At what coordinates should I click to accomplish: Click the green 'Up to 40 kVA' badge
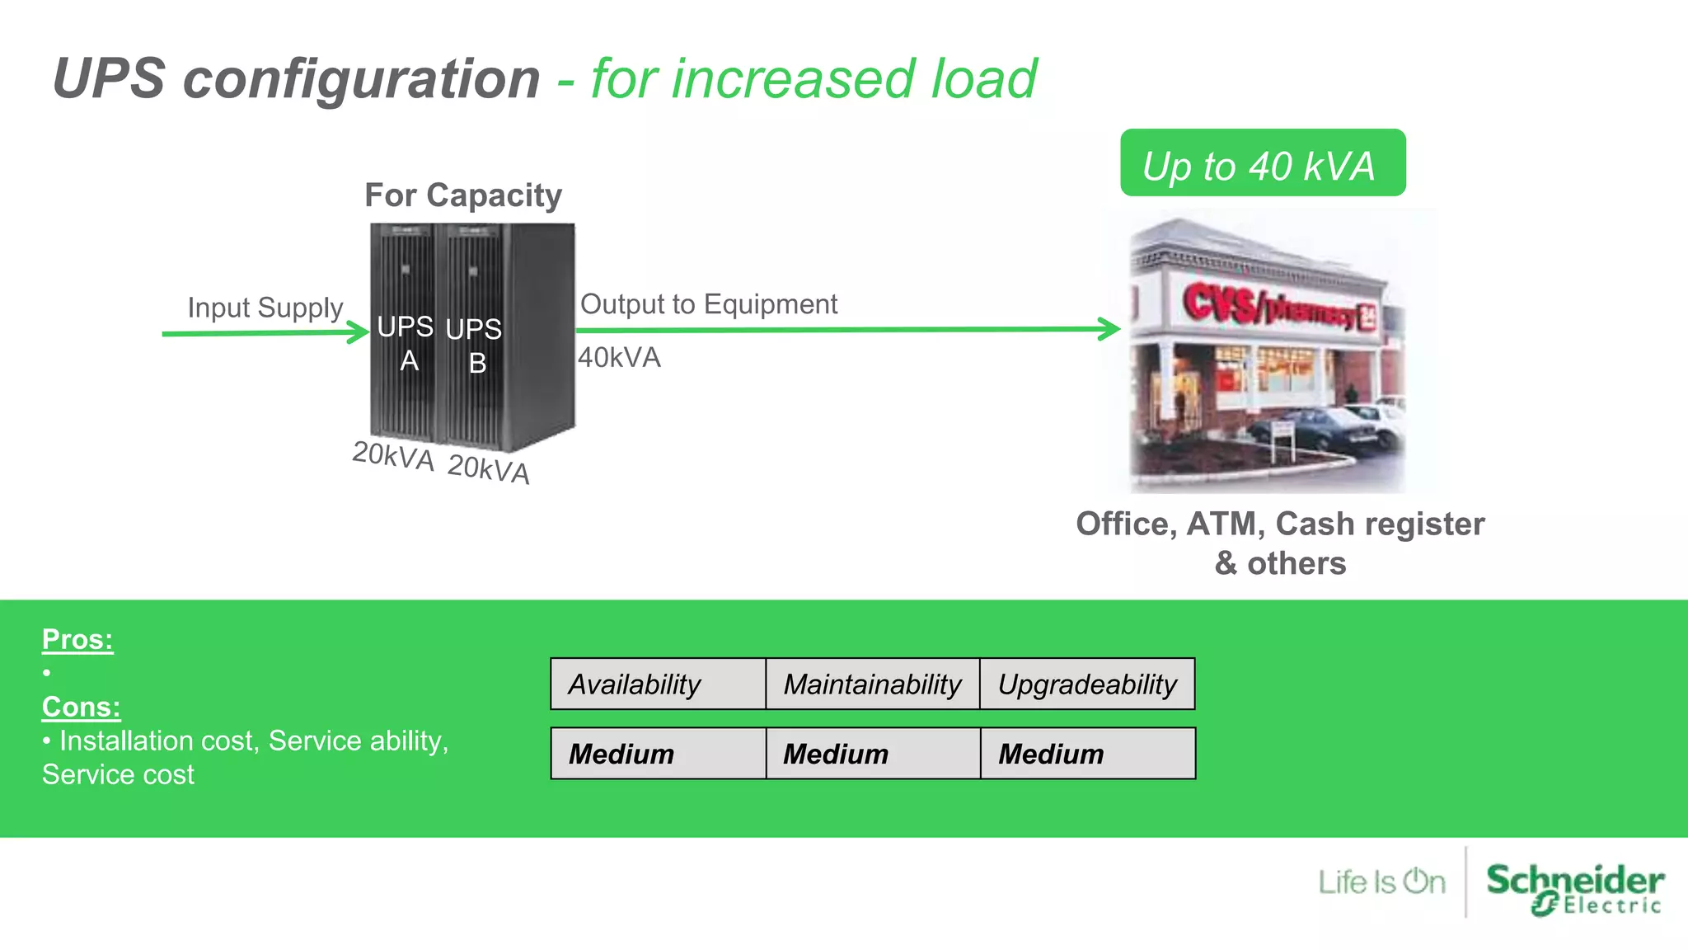click(1262, 163)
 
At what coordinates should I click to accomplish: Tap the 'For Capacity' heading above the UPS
click(463, 195)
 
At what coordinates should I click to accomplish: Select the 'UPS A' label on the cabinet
click(406, 343)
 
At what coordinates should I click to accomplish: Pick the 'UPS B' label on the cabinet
click(474, 346)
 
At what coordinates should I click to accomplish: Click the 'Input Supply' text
click(265, 308)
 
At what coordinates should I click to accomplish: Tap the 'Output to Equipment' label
click(708, 304)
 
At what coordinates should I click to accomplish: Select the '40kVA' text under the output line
click(619, 358)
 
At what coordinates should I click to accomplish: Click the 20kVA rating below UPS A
click(393, 456)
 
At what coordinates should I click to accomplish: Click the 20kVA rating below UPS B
click(488, 469)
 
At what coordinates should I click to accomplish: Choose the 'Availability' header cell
click(658, 684)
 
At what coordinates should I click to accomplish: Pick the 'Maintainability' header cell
click(872, 684)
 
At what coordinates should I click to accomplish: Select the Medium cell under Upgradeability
click(1087, 754)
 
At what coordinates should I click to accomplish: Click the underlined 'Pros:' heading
click(77, 639)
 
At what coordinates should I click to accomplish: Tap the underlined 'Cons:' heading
click(81, 707)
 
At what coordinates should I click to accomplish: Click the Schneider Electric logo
click(1574, 887)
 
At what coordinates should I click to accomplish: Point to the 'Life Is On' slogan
click(1381, 882)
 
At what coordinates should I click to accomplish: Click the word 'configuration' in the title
click(361, 79)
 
